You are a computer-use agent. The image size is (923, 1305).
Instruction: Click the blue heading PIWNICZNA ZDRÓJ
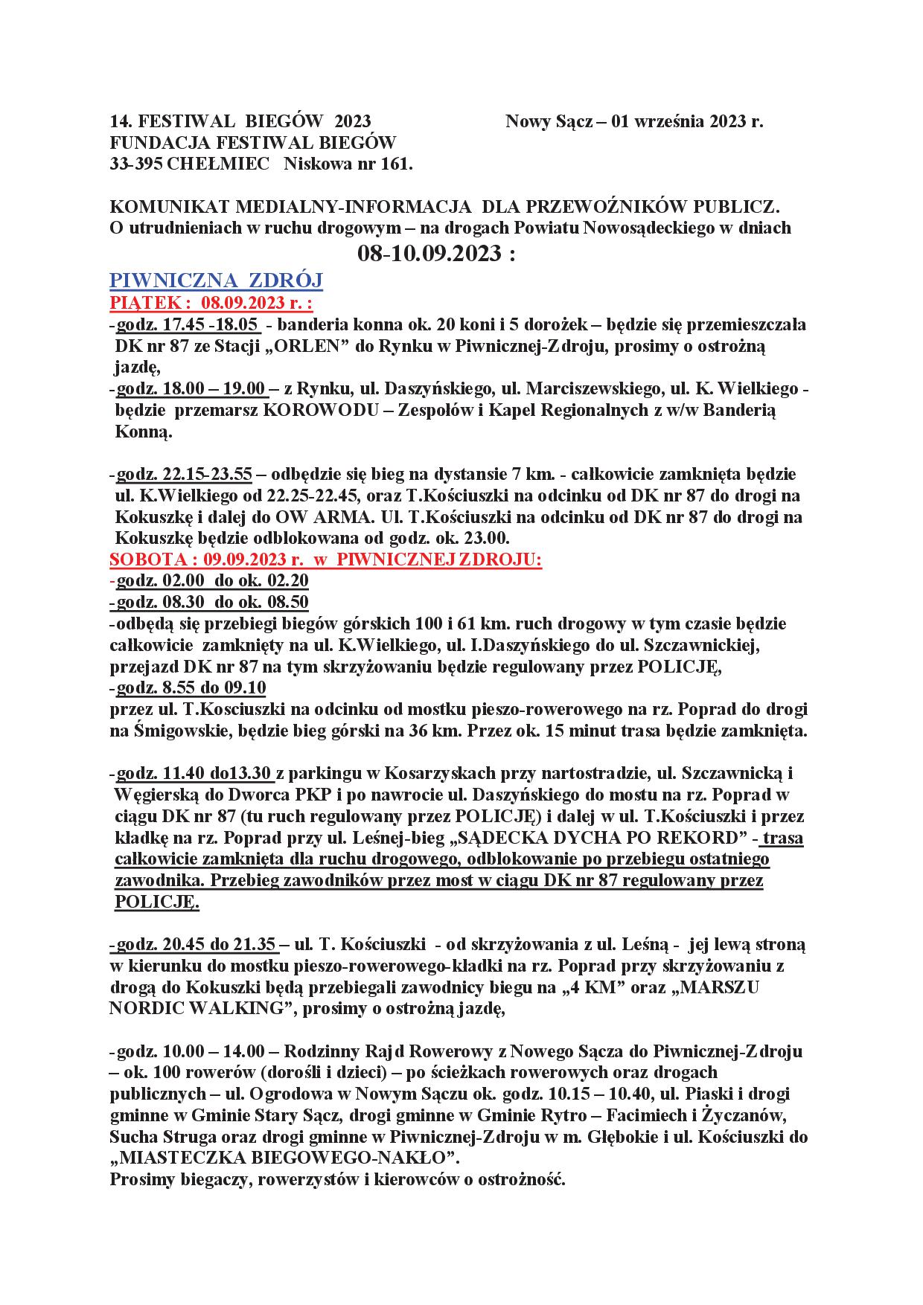(216, 280)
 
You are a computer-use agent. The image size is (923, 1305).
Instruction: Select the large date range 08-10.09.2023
(436, 254)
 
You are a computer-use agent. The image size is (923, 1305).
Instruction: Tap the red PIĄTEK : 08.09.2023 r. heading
(211, 304)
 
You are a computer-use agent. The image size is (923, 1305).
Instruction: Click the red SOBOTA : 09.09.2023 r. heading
(325, 560)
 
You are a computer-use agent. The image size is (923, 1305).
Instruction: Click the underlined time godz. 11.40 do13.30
(195, 773)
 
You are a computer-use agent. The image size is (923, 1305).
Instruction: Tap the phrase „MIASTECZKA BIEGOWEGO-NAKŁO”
(284, 1158)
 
